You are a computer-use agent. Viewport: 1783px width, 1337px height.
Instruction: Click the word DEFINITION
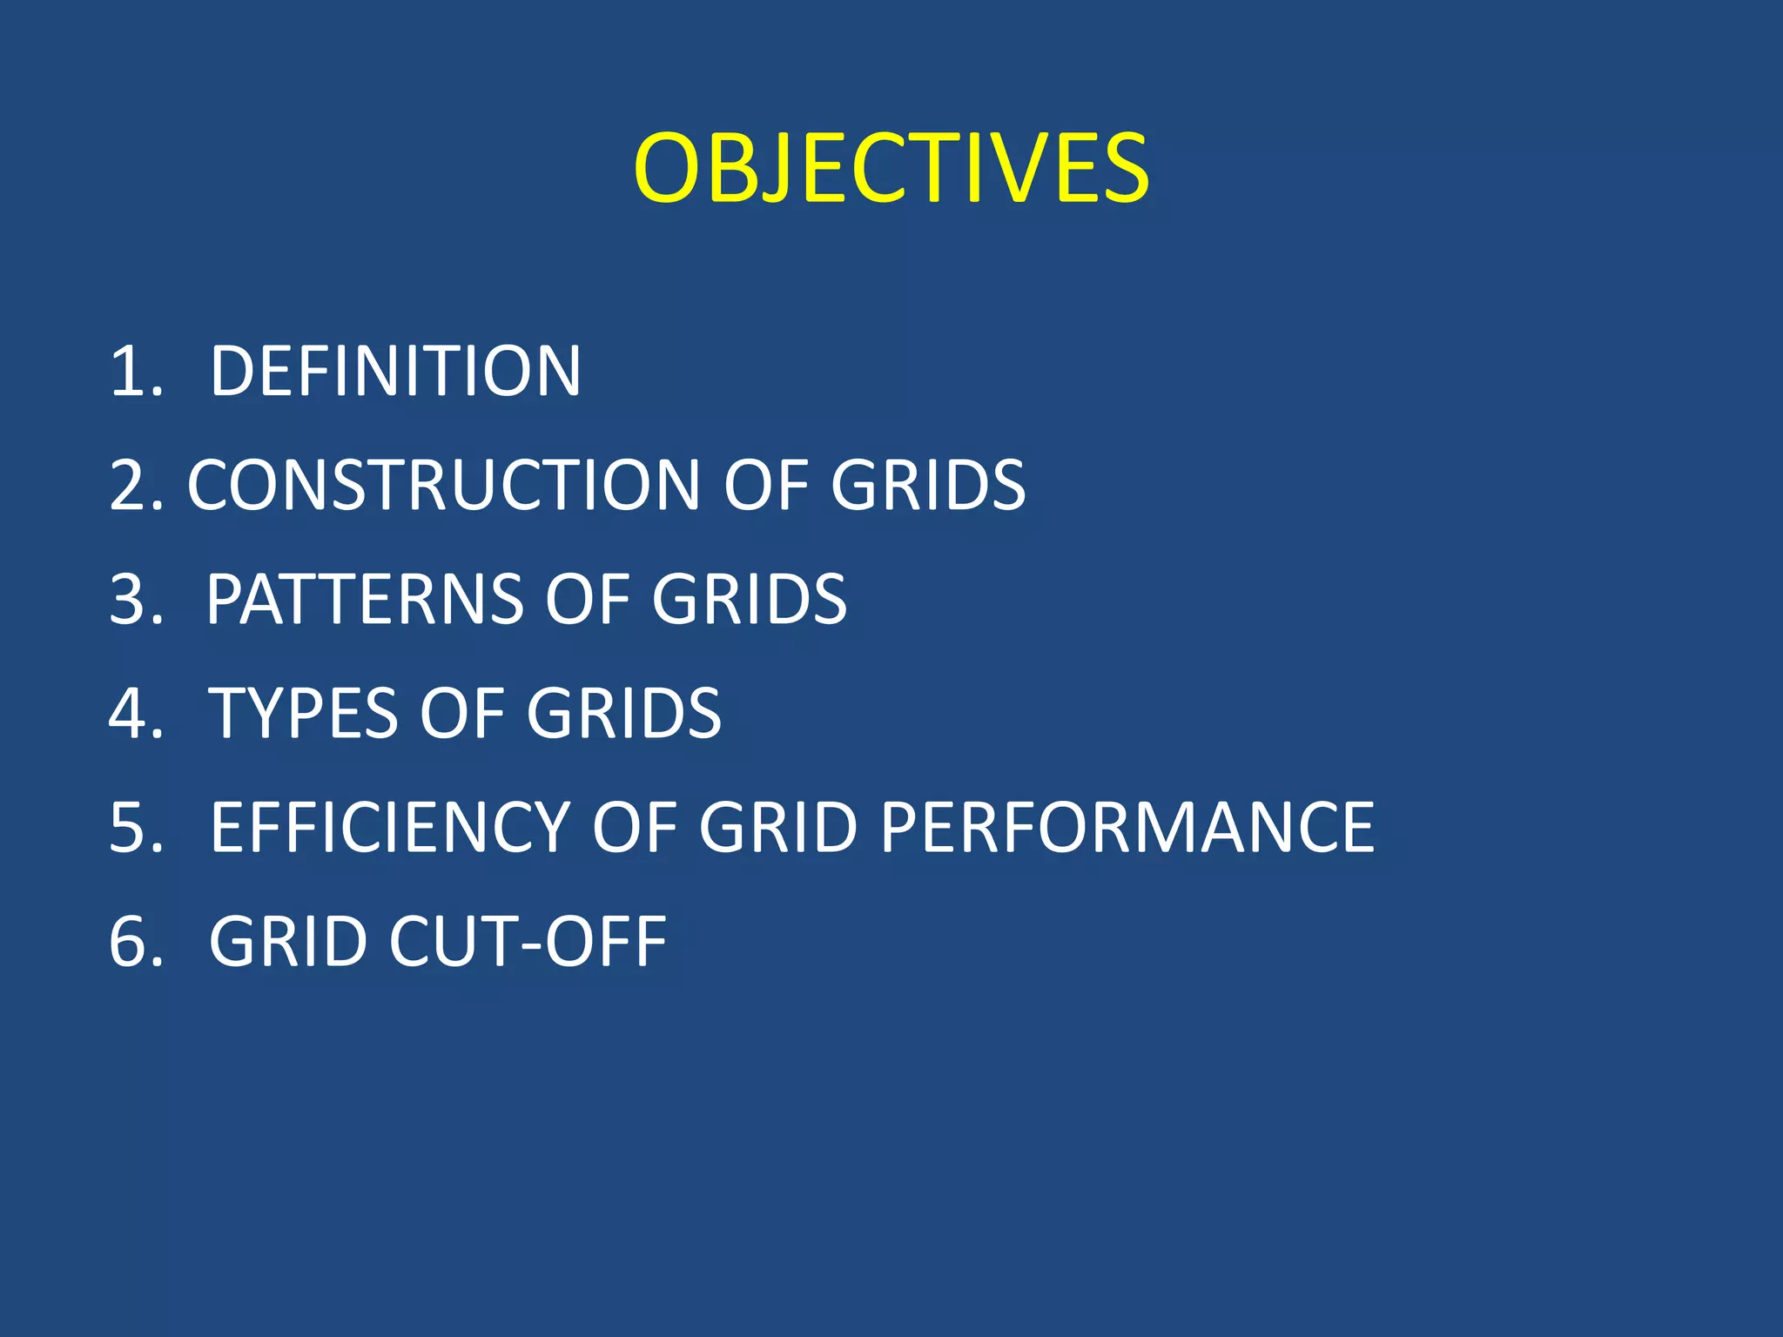395,372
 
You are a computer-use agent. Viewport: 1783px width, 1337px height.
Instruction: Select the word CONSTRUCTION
444,485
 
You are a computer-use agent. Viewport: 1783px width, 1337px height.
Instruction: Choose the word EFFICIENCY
389,828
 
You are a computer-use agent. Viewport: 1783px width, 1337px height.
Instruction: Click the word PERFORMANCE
1127,828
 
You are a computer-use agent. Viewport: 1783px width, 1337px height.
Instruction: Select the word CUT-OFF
528,942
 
